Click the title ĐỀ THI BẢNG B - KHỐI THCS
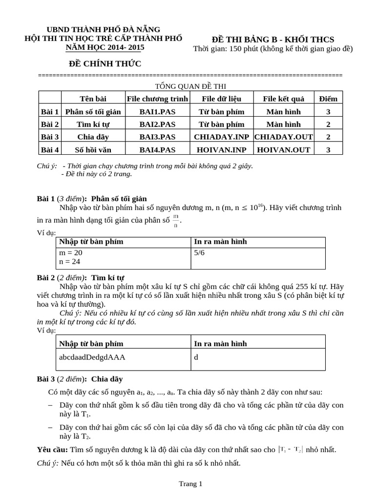tap(273, 39)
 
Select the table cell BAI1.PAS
tap(157, 111)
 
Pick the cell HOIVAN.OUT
tap(284, 149)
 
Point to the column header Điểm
tap(328, 99)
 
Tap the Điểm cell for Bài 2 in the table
tap(328, 124)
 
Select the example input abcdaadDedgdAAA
tap(92, 357)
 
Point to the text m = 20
tap(71, 253)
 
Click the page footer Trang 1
tap(190, 484)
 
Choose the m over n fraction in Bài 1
tap(176, 220)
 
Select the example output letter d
tap(196, 357)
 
